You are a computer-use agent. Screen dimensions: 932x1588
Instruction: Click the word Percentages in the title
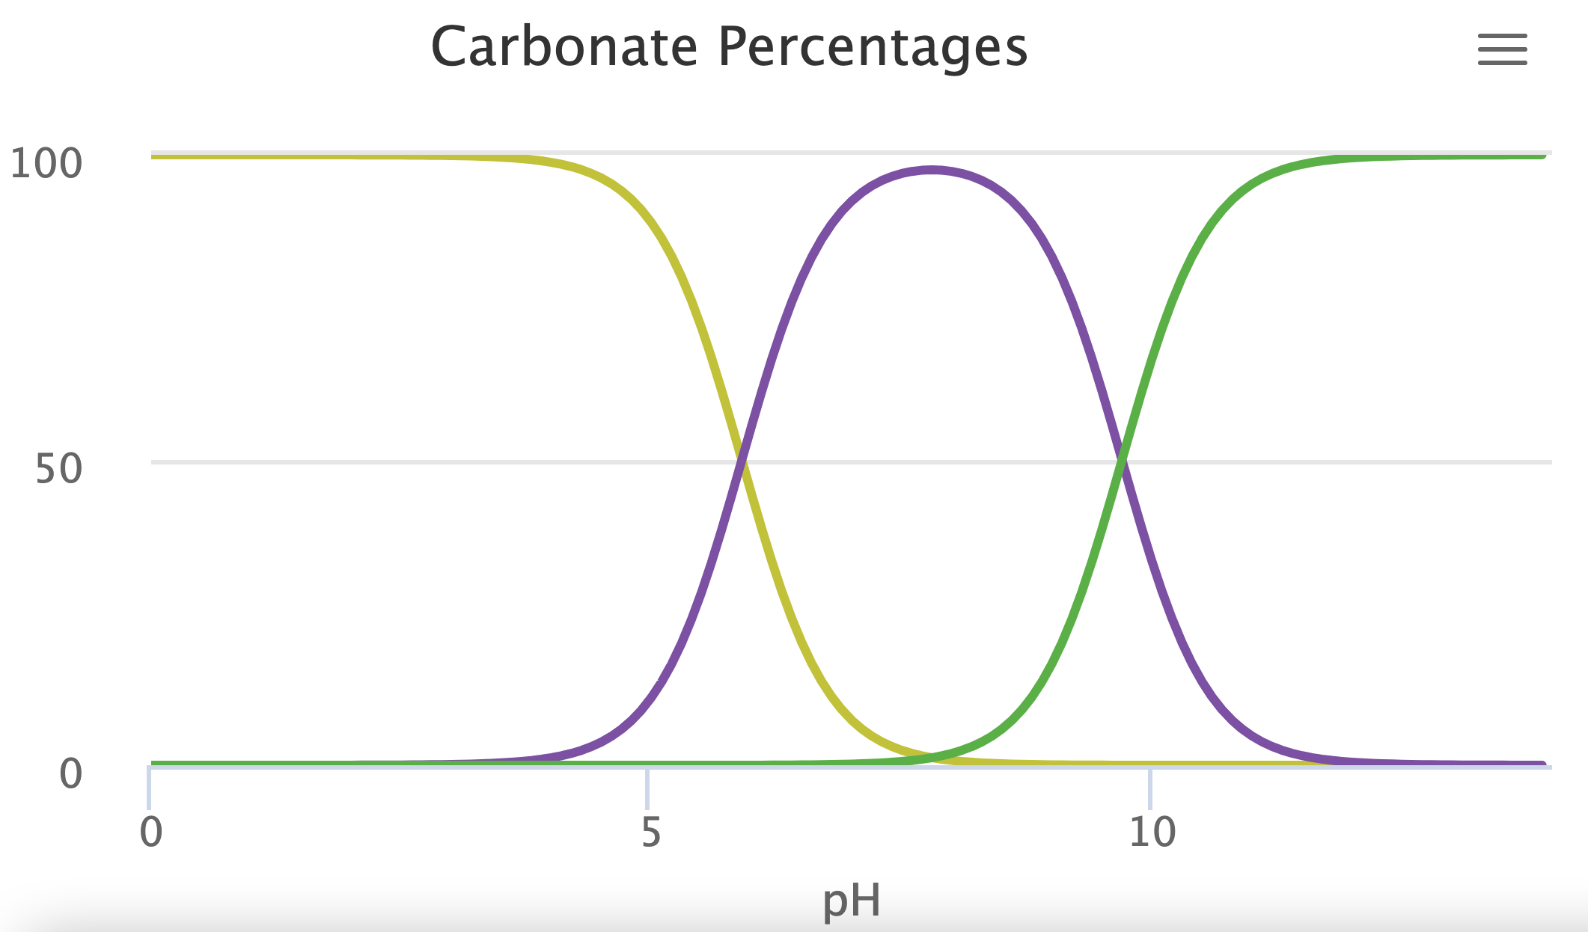873,49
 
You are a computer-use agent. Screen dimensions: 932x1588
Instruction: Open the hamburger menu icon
1502,49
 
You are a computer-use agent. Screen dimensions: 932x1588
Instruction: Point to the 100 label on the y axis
46,164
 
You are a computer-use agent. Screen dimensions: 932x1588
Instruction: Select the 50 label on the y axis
58,469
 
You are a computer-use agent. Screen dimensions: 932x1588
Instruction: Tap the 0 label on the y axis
70,773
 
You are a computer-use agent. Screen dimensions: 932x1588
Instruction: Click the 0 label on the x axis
151,832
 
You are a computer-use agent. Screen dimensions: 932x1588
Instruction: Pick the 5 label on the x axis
651,832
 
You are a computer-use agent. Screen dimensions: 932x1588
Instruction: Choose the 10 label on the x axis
1152,832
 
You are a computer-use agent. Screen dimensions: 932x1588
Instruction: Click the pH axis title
851,901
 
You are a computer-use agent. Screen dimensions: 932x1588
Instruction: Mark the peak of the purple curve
932,171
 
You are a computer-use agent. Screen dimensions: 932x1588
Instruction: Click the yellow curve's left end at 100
154,156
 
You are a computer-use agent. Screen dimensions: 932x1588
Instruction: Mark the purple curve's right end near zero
1542,764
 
